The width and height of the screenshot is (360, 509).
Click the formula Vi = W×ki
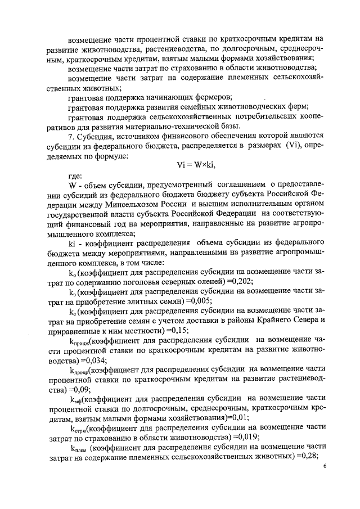click(x=196, y=164)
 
